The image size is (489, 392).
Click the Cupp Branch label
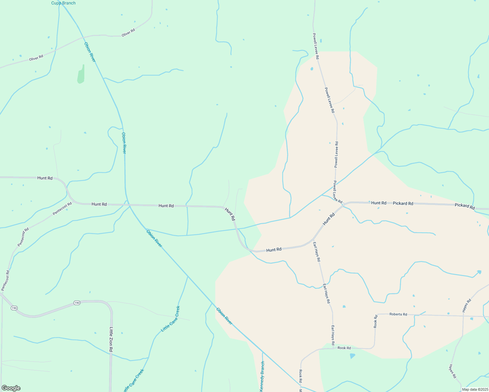coord(63,3)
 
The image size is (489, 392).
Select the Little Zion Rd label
coord(111,339)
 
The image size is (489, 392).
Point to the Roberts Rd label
coord(398,314)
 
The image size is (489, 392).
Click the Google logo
coord(11,388)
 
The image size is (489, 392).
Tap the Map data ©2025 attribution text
coord(475,389)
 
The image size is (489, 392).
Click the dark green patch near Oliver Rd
coord(81,75)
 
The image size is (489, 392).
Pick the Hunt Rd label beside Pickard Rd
coord(379,203)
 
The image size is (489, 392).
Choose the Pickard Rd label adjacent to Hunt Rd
coord(403,203)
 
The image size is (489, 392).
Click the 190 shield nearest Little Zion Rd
coord(76,303)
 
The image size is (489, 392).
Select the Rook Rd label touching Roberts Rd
coord(376,321)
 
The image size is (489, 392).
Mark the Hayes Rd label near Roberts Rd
coord(467,305)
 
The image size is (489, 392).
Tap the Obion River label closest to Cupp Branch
coord(90,52)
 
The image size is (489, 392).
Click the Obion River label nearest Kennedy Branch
coord(224,316)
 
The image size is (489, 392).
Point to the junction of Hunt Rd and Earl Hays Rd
coord(313,240)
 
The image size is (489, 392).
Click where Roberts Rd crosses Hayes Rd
coord(463,316)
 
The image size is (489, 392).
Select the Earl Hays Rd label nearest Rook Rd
coord(332,335)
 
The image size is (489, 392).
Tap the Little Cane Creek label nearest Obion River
coord(171,319)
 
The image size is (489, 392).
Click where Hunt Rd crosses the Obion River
coord(128,205)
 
